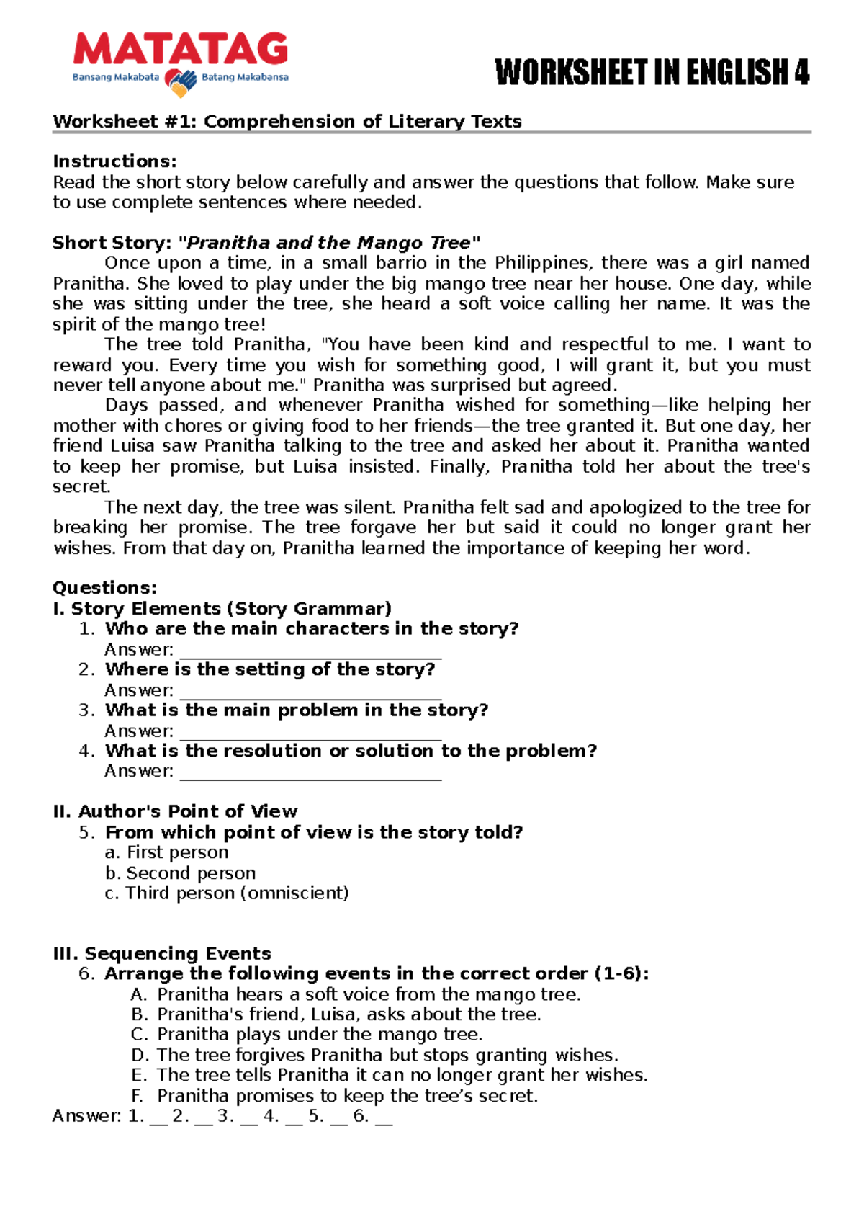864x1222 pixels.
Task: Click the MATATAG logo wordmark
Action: click(x=181, y=50)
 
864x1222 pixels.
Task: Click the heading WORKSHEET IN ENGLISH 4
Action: click(x=652, y=73)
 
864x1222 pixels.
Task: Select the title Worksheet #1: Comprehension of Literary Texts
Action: click(x=287, y=121)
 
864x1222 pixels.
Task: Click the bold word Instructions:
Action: click(x=114, y=161)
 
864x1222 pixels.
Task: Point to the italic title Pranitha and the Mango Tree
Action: click(x=328, y=243)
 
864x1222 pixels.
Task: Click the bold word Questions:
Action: click(x=104, y=588)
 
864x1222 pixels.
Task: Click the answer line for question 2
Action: click(x=310, y=692)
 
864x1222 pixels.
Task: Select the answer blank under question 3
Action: click(x=310, y=733)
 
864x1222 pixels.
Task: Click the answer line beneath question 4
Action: click(x=310, y=774)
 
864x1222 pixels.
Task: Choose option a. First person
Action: click(x=167, y=852)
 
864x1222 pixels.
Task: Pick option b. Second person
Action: click(x=181, y=873)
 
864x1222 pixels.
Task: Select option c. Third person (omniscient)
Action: click(x=227, y=893)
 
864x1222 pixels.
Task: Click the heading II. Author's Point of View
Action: click(x=175, y=812)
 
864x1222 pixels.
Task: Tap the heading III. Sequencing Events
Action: click(x=162, y=954)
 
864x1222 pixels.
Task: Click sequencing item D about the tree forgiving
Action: click(x=374, y=1056)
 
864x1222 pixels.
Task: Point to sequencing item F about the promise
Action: click(x=335, y=1097)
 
